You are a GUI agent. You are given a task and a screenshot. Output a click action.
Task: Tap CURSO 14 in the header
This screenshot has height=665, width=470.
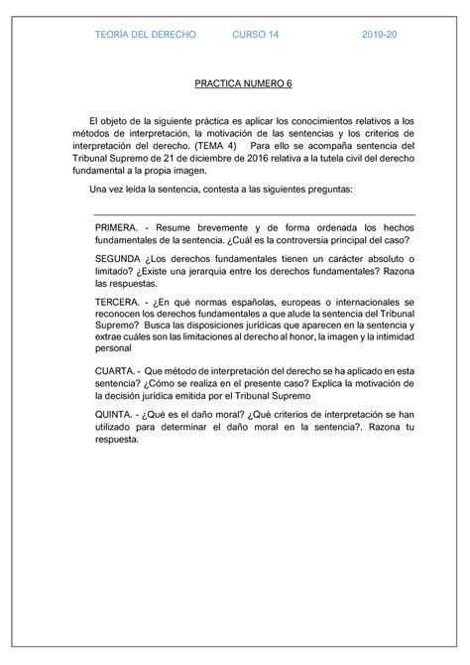256,35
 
